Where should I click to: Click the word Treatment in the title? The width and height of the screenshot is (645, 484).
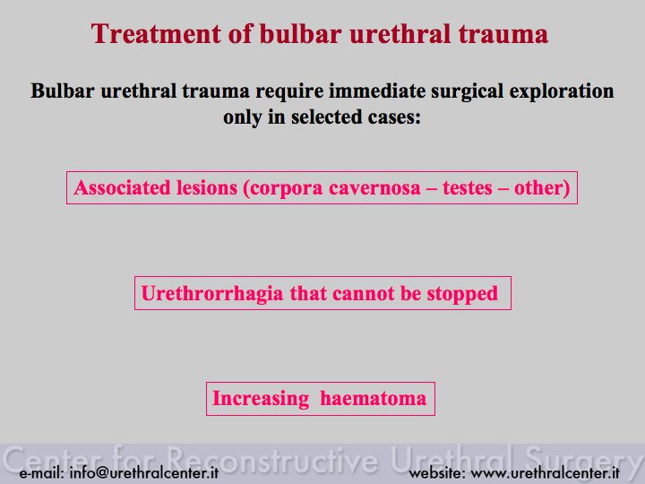tap(156, 33)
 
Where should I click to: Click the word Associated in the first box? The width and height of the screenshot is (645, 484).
tap(122, 187)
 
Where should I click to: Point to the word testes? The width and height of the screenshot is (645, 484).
tap(468, 188)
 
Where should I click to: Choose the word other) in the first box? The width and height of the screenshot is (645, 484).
tap(542, 188)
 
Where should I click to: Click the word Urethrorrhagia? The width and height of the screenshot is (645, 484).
tap(212, 294)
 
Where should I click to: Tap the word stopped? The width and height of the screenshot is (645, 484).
tap(462, 294)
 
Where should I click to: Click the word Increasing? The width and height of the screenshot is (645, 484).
tap(261, 399)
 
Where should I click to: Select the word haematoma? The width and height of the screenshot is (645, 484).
tap(373, 399)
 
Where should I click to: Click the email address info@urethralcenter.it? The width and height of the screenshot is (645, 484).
tap(144, 472)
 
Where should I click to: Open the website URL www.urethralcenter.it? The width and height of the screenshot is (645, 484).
tap(545, 472)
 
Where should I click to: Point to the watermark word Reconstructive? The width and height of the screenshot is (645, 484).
tap(272, 459)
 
